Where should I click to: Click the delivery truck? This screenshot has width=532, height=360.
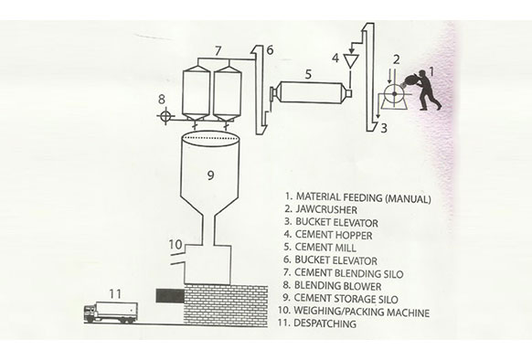111,312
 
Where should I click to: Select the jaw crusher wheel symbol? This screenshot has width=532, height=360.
394,93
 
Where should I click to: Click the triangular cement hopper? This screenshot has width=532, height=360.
349,61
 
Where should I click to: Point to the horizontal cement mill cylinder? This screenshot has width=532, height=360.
311,92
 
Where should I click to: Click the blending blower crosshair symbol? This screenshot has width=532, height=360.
165,116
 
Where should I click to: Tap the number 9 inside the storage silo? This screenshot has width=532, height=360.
210,175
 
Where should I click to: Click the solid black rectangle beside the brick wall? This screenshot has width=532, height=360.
170,296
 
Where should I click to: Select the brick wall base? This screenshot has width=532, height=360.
226,306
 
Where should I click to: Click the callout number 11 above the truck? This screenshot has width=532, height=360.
115,294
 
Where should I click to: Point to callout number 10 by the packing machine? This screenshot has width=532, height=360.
176,244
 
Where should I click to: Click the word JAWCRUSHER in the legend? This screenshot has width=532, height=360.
326,209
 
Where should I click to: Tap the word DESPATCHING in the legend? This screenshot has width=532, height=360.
325,323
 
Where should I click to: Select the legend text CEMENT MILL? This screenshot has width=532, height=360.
325,248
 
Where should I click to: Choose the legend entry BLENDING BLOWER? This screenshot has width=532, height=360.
338,286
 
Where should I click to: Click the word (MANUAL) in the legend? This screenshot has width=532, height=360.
409,199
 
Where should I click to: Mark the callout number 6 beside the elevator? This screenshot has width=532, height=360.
270,50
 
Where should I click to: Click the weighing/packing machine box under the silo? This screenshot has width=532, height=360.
207,265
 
